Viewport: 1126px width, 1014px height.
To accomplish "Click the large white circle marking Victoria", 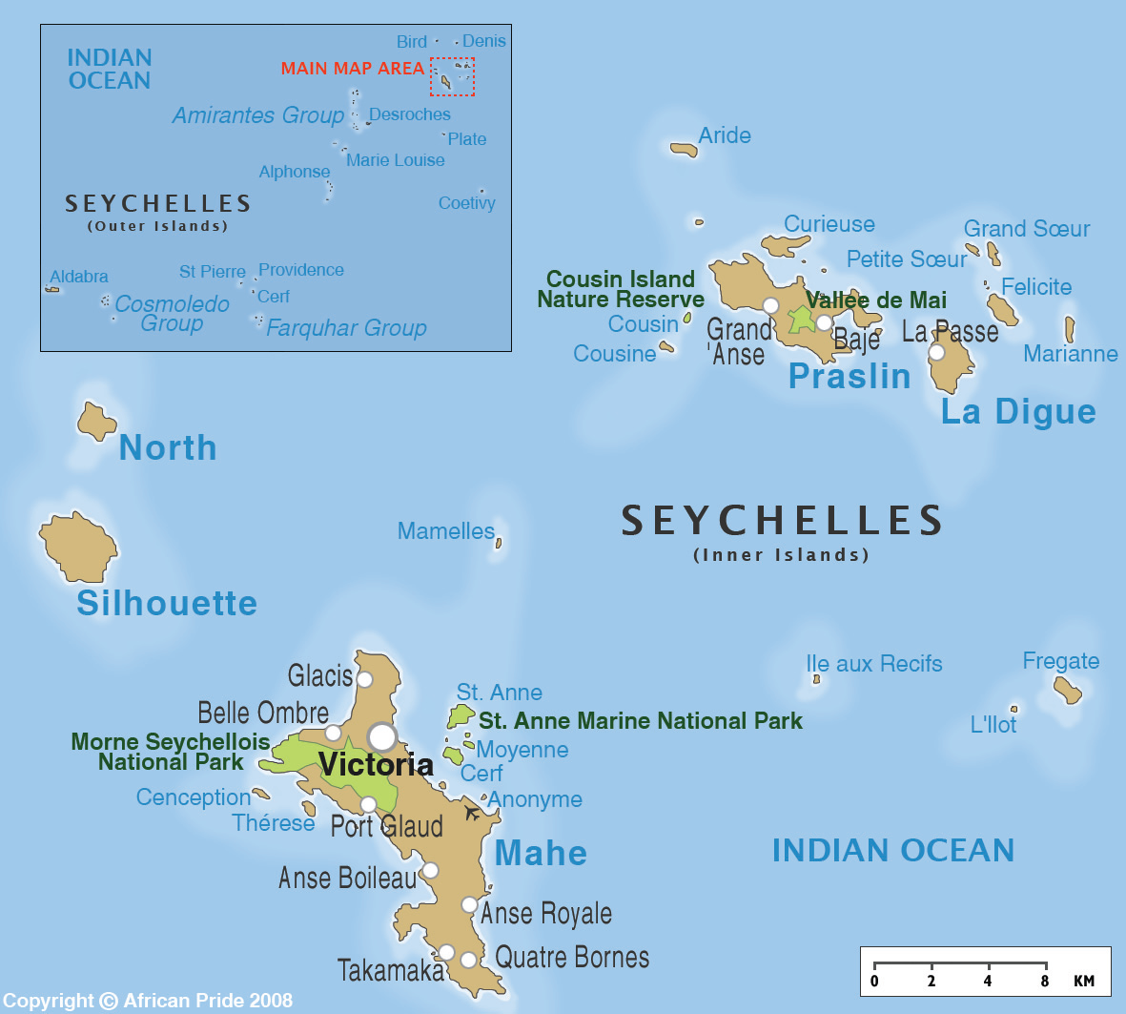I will [382, 736].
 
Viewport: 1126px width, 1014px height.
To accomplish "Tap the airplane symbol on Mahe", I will [472, 813].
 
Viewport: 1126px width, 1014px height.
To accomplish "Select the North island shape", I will [95, 422].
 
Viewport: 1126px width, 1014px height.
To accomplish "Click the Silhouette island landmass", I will [77, 548].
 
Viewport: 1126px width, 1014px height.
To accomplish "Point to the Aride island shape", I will [684, 150].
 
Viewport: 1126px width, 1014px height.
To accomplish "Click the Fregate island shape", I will [1068, 690].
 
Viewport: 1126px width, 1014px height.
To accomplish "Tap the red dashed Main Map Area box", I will [452, 76].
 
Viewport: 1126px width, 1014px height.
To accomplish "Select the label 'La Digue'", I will [1018, 412].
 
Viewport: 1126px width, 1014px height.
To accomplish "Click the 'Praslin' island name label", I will [850, 377].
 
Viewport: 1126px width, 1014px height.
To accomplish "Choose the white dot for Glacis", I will [364, 679].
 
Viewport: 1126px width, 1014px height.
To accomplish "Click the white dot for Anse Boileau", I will [430, 870].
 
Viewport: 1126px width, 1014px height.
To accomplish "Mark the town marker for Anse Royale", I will [469, 904].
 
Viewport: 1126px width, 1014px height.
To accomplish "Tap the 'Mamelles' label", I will [445, 531].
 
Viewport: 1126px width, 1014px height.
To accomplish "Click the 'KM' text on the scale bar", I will [1083, 981].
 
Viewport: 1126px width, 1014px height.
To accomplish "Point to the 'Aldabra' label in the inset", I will [78, 277].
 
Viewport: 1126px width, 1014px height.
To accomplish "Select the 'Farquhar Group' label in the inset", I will [346, 328].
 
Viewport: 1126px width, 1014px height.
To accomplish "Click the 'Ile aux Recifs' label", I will [873, 664].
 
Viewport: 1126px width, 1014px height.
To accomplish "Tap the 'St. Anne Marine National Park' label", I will [640, 721].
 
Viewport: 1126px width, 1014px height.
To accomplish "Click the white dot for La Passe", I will [936, 352].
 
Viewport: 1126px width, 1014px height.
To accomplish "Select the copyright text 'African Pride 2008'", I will [208, 1001].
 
